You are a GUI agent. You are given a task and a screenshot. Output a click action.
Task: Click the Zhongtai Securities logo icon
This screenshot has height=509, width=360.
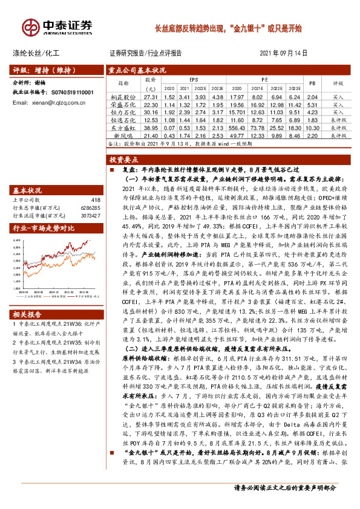(x=31, y=27)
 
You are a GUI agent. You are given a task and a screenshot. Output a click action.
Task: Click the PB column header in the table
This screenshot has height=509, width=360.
(x=312, y=82)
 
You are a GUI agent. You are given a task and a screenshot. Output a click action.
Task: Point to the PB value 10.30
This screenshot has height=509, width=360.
(x=312, y=128)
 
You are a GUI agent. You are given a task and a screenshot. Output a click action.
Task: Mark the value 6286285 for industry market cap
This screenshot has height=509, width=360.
(x=90, y=207)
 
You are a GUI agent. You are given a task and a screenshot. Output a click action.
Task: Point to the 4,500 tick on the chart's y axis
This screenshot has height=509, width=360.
(x=19, y=241)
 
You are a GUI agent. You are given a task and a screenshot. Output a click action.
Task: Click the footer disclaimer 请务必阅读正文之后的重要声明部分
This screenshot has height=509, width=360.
(x=286, y=505)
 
